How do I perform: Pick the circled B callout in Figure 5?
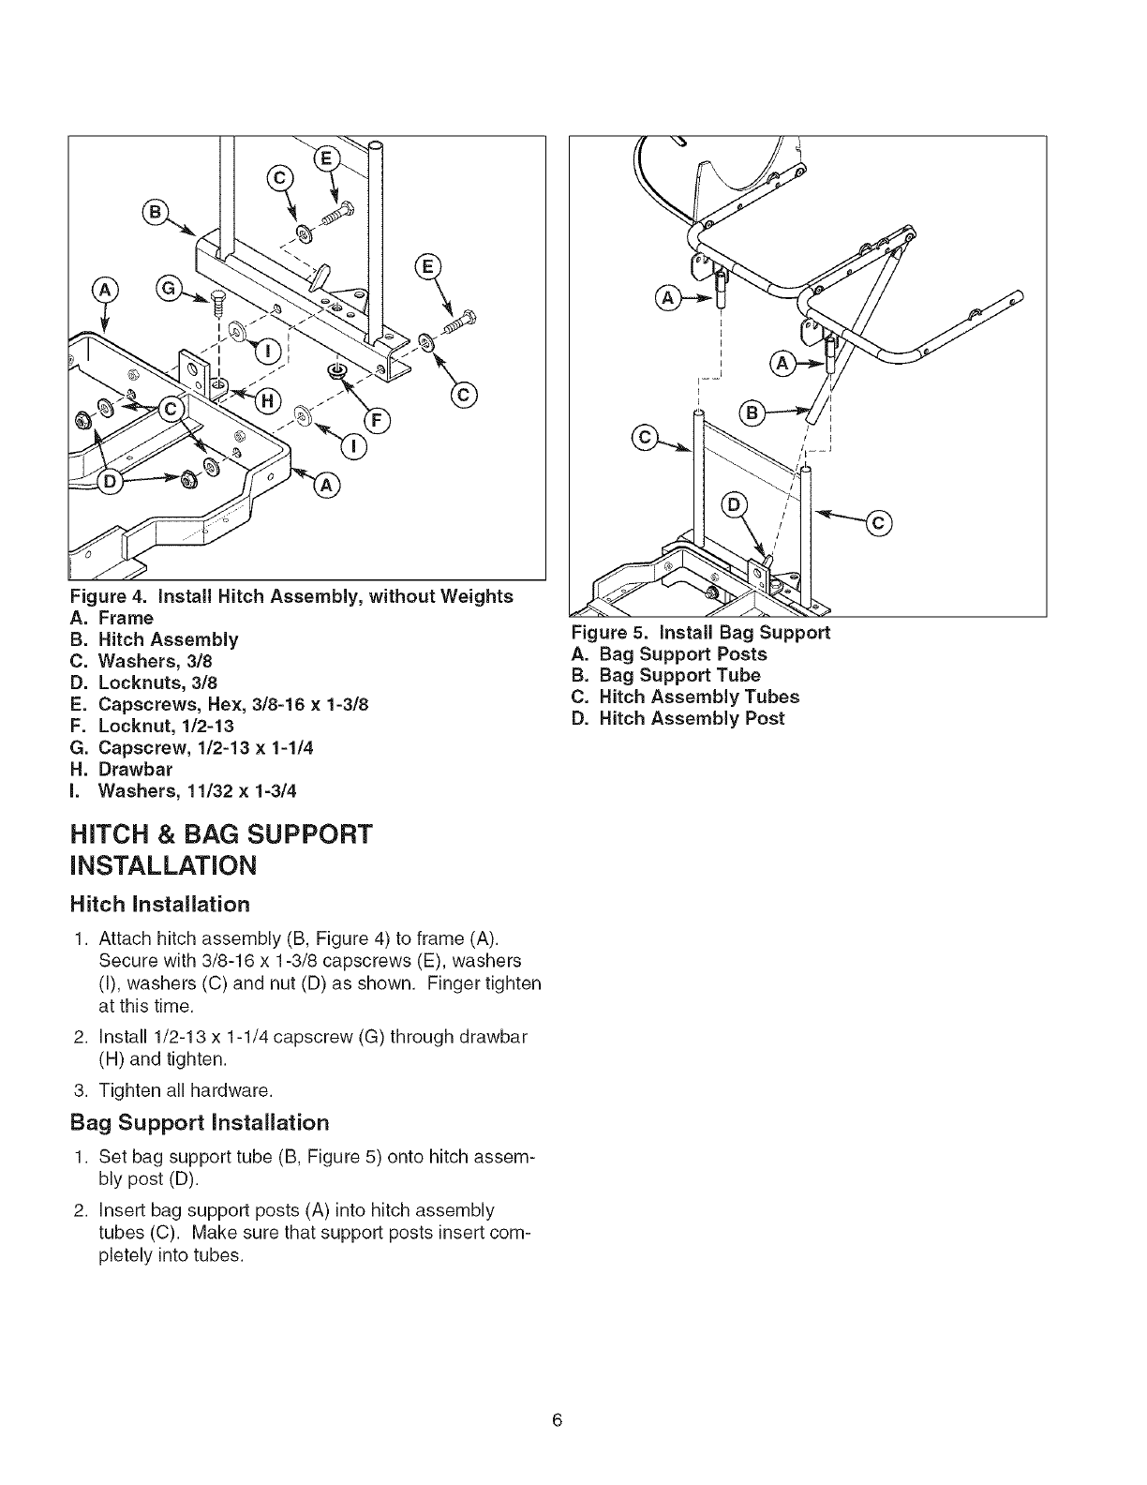751,410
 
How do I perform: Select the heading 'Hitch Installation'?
160,904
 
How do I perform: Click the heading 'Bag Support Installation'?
200,1122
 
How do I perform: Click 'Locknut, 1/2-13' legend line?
152,726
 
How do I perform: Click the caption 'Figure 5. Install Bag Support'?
701,632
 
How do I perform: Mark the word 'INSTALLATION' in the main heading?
163,864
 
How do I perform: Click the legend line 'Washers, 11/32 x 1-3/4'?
184,790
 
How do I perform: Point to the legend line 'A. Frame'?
112,618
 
